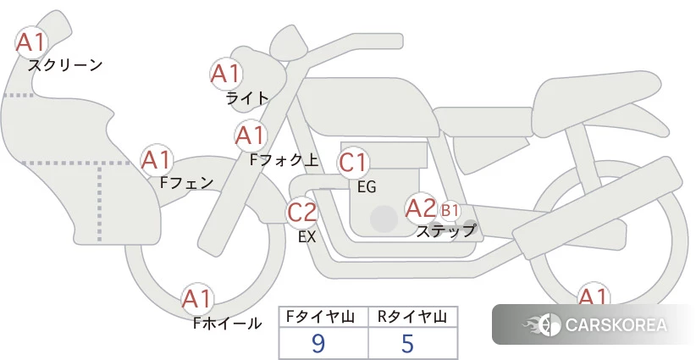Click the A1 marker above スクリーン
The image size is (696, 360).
pos(31,42)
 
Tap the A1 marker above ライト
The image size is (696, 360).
pos(226,75)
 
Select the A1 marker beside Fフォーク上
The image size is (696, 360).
pos(251,136)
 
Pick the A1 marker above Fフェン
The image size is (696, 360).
pos(157,160)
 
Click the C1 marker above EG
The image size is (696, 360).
pos(353,163)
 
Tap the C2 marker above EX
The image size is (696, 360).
pos(301,212)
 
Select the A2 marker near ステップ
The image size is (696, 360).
pos(421,208)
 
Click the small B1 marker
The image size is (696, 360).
pos(450,210)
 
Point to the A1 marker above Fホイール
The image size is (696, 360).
pos(197,299)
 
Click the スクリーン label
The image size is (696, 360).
pos(65,66)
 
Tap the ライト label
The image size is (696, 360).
pos(247,98)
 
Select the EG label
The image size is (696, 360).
pos(367,187)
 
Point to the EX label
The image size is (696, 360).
pos(307,237)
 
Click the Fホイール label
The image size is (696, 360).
pos(228,324)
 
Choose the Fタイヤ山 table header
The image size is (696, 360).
pos(320,317)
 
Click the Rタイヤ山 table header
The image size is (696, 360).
pos(412,317)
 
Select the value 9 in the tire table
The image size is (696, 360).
pos(318,343)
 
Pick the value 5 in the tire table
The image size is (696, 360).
pos(407,343)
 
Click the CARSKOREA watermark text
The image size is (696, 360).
pos(616,325)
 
